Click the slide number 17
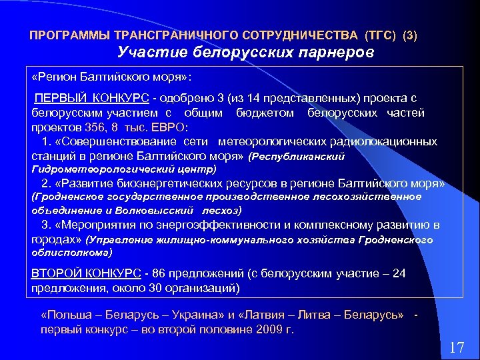[x=457, y=347]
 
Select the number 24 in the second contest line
[x=399, y=274]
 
